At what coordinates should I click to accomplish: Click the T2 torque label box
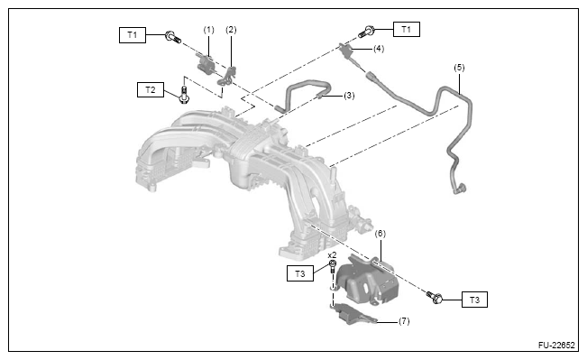point(150,90)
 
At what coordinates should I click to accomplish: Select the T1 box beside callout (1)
point(133,35)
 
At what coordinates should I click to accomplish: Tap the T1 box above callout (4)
point(406,29)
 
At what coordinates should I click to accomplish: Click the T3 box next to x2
point(300,273)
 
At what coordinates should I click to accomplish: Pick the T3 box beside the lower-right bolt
point(474,300)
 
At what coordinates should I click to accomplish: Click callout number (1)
point(209,30)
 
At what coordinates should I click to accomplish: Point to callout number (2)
point(231,30)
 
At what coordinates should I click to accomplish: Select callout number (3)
point(349,96)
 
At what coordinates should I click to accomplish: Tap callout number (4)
point(379,49)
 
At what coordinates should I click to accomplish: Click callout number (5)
point(459,68)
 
